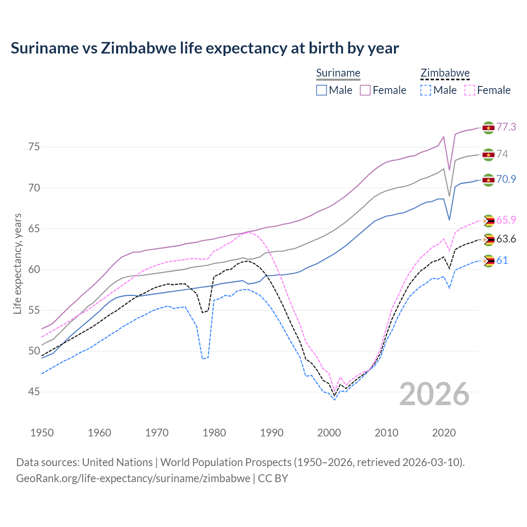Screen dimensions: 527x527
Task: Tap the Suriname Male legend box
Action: [322, 90]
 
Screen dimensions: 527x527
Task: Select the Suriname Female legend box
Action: [365, 90]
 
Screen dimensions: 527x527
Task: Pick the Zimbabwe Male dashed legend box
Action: [426, 90]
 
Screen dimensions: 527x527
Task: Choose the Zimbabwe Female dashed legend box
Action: [470, 90]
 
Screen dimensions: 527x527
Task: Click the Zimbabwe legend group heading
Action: [445, 73]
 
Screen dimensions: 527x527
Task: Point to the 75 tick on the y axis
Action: [34, 147]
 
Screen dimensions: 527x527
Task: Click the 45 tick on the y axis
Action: [34, 392]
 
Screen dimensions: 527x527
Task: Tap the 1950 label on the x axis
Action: [42, 433]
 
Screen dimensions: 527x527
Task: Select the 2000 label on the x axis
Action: [329, 433]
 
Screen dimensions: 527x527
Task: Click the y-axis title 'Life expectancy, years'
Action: [17, 263]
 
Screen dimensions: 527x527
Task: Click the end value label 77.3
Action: [506, 127]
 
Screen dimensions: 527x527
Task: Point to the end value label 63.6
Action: [506, 239]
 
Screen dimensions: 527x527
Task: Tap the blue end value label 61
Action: [502, 260]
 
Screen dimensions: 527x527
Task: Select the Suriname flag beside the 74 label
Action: [488, 155]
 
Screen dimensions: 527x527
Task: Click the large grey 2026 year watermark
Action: [434, 394]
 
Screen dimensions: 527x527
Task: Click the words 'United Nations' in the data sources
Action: [117, 462]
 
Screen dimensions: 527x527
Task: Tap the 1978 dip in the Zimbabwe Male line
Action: [203, 359]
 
